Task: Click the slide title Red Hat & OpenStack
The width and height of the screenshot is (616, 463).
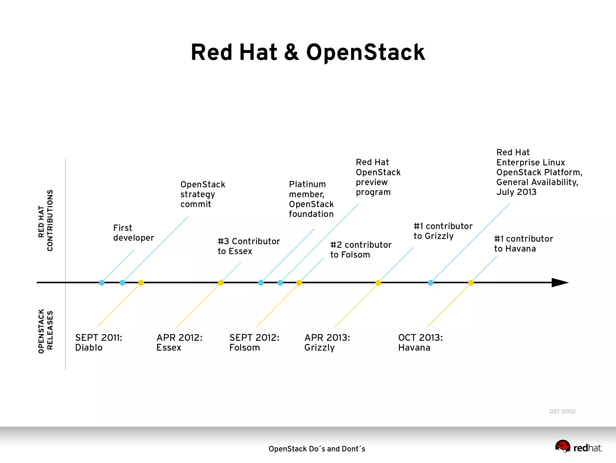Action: coord(308,52)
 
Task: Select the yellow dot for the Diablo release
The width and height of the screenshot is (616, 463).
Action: coord(141,282)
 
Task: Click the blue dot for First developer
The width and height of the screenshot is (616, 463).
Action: coord(102,282)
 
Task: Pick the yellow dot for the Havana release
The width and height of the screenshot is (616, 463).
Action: coord(471,282)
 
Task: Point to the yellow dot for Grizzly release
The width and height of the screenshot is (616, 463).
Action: coord(378,282)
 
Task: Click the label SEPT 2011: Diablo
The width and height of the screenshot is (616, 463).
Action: coord(99,342)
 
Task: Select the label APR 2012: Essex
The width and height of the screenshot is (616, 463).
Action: coord(179,342)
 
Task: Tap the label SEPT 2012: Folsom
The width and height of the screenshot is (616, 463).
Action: coord(254,342)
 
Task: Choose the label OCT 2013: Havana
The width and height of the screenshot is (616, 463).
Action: coord(420,342)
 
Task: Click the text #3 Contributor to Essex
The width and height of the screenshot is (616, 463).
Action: coord(248,246)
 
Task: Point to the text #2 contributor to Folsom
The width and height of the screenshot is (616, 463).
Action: coord(361,250)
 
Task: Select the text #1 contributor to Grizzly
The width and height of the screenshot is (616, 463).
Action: coord(443,231)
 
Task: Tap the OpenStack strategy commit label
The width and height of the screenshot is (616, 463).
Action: coord(202,194)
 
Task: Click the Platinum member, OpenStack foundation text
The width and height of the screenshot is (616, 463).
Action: coord(311,199)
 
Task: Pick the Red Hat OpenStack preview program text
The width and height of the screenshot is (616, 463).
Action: coord(378,177)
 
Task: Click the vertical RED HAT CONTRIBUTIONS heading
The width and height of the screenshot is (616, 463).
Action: coord(45,220)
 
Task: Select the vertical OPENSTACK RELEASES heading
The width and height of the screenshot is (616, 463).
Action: coord(45,331)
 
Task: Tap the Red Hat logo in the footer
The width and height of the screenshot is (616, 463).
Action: coord(578,447)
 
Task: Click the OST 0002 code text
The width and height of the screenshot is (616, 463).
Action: coord(562,411)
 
